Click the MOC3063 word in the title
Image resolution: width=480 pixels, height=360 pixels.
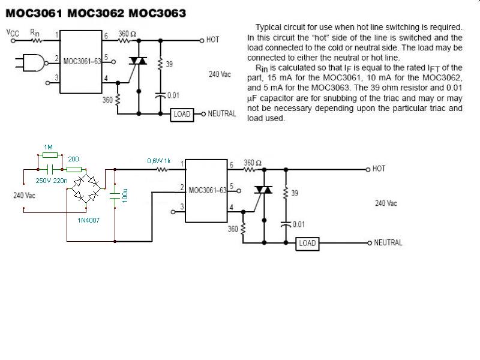coord(155,12)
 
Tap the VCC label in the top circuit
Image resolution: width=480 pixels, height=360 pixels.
coord(13,33)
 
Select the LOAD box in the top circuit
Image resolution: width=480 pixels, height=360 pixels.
coord(182,113)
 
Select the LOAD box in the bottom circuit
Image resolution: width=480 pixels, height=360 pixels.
coord(307,243)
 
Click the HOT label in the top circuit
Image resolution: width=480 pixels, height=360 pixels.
coord(212,40)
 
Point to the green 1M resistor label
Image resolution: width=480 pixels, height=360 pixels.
coord(49,147)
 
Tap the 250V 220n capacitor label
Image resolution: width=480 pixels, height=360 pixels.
coord(52,180)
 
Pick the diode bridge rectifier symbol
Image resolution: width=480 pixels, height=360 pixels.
coord(85,187)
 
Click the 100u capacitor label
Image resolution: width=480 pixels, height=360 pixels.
coord(124,197)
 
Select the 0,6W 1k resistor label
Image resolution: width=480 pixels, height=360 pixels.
coord(159,161)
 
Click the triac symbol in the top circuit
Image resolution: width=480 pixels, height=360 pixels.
coord(139,61)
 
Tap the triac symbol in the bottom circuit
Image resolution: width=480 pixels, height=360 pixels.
coord(263,190)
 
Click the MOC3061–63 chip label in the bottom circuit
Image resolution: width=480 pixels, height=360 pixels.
coord(207,190)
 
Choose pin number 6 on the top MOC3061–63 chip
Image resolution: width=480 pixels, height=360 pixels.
coord(106,36)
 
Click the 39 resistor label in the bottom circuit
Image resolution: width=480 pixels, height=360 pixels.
coord(294,193)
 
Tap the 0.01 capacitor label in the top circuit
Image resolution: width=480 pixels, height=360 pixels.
coord(172,95)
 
